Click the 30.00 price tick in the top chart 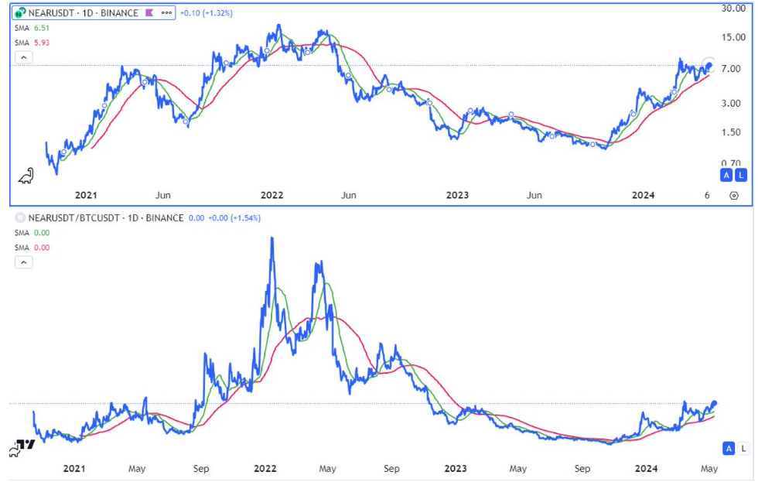pos(733,8)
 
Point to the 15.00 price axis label pos(733,38)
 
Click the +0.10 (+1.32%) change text pos(206,13)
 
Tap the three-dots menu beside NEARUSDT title pos(166,13)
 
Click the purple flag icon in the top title pos(149,13)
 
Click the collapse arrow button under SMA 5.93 pos(24,57)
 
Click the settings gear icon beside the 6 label pos(733,196)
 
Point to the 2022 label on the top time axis pos(271,196)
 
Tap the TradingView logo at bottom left pos(23,446)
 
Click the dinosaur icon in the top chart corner pos(26,176)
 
